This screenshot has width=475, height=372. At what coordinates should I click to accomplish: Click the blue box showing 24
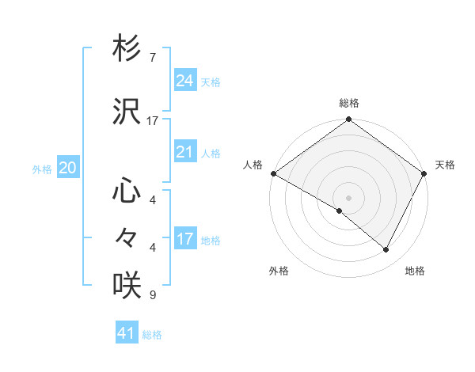(185, 81)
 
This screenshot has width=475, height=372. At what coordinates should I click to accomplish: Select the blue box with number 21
(185, 152)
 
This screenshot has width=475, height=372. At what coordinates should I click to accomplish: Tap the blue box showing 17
(185, 239)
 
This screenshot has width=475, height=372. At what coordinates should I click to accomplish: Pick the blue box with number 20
(68, 168)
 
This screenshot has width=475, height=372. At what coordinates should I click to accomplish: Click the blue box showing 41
(127, 333)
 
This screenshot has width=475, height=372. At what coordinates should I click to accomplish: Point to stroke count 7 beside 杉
(153, 58)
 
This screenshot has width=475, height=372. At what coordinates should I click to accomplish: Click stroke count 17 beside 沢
(153, 121)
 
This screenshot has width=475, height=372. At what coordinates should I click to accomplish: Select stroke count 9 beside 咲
(153, 295)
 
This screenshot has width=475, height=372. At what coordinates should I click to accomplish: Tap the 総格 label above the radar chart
(349, 103)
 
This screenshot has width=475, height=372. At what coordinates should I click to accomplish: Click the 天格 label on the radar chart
(445, 165)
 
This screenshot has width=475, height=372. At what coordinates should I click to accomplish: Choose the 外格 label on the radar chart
(279, 271)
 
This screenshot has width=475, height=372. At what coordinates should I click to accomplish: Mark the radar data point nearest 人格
(273, 173)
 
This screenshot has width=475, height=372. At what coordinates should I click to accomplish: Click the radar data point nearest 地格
(386, 249)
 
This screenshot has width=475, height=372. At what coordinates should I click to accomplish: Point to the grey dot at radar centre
(349, 197)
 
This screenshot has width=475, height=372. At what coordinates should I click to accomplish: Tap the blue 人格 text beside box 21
(211, 154)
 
